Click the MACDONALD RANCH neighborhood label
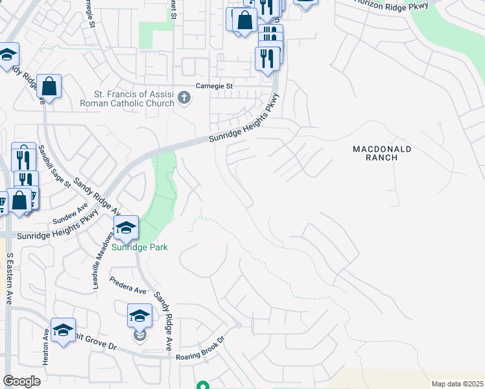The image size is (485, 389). click(x=382, y=153)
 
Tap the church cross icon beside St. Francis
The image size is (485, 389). click(x=184, y=98)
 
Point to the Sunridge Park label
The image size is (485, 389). click(x=139, y=247)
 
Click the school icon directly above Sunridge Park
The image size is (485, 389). click(x=126, y=227)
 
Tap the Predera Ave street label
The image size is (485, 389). click(x=127, y=286)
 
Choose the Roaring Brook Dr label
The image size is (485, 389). click(x=200, y=348)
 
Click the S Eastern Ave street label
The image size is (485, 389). click(x=9, y=278)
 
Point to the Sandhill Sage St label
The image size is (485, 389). click(x=53, y=166)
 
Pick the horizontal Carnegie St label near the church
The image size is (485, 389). click(x=215, y=86)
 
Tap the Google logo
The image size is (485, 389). click(x=21, y=381)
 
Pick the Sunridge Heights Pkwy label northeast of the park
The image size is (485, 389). click(x=245, y=119)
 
